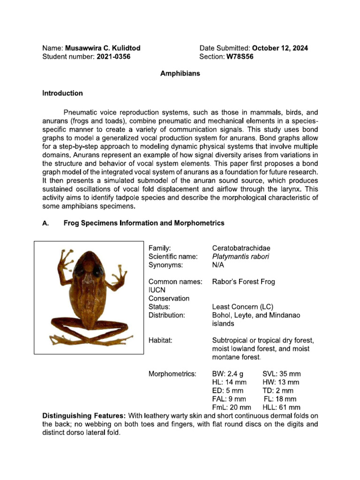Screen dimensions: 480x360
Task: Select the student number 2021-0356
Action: pyautogui.click(x=113, y=57)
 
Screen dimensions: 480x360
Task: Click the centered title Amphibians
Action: pyautogui.click(x=180, y=74)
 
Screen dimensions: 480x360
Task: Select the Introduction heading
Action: pyautogui.click(x=62, y=93)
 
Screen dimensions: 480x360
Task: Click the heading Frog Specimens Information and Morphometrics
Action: pyautogui.click(x=143, y=223)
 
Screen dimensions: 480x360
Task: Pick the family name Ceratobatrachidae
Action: pyautogui.click(x=241, y=248)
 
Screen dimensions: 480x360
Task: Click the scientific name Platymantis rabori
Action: pyautogui.click(x=240, y=256)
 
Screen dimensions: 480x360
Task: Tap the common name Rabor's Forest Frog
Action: pyautogui.click(x=243, y=282)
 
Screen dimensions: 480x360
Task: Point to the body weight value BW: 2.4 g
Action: pyautogui.click(x=228, y=374)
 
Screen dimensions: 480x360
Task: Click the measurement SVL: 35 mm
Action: pyautogui.click(x=281, y=374)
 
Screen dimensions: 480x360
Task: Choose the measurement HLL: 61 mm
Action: pyautogui.click(x=281, y=407)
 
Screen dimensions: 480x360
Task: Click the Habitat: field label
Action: pyautogui.click(x=161, y=340)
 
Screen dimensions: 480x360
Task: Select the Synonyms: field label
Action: pyautogui.click(x=165, y=265)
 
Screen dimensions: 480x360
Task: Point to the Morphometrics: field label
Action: pyautogui.click(x=172, y=374)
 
